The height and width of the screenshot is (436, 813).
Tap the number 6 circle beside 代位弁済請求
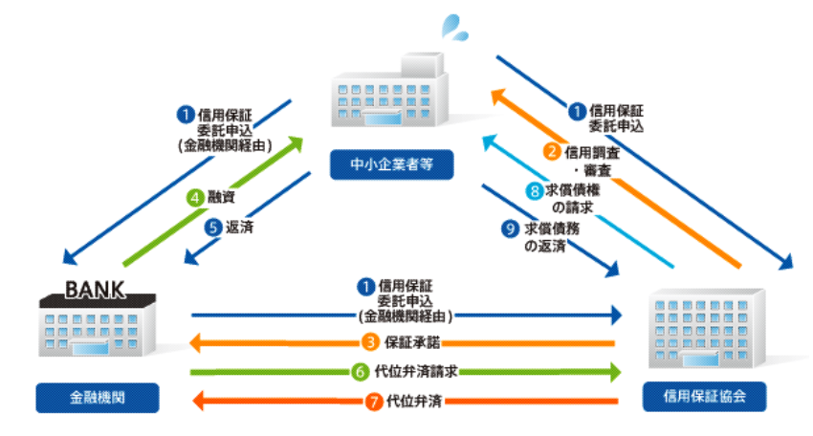tap(361, 372)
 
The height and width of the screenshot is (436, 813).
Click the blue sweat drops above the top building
tap(454, 27)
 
